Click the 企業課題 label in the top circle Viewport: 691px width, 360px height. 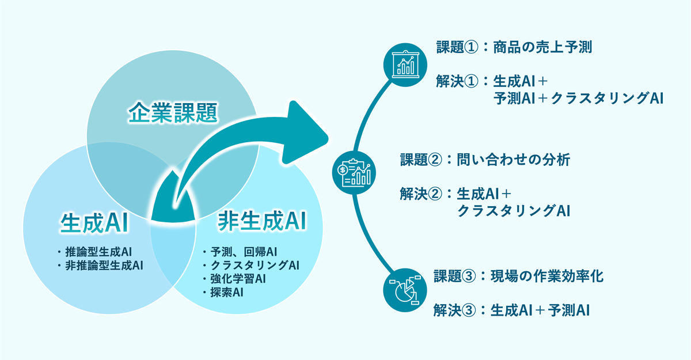(172, 113)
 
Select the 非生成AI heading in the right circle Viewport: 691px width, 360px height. (261, 221)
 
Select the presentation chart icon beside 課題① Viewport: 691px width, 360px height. (406, 65)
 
